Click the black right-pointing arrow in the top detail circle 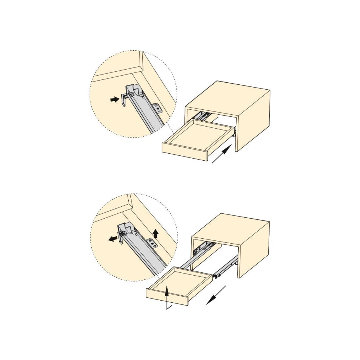(x=114, y=100)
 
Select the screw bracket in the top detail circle (x=157, y=108)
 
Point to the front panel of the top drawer (x=185, y=152)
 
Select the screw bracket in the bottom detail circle (x=152, y=242)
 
